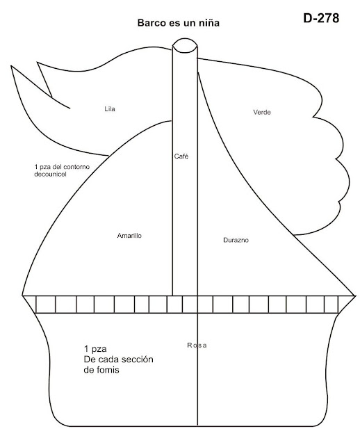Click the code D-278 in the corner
pyautogui.click(x=321, y=18)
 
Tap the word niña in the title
pyautogui.click(x=210, y=23)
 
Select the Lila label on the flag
pyautogui.click(x=110, y=109)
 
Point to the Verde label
pyautogui.click(x=262, y=112)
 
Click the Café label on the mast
pyautogui.click(x=181, y=156)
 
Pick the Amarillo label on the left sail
pyautogui.click(x=129, y=236)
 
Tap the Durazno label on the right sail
pyautogui.click(x=236, y=240)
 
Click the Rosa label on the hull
pyautogui.click(x=197, y=345)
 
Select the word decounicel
pyautogui.click(x=50, y=175)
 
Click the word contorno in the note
pyautogui.click(x=77, y=167)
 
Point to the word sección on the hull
pyautogui.click(x=139, y=359)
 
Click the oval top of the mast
pyautogui.click(x=185, y=45)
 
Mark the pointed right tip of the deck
pyautogui.click(x=355, y=296)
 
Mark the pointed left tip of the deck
pyautogui.click(x=22, y=296)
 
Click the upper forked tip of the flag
pyautogui.click(x=38, y=63)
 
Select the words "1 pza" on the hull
pyautogui.click(x=95, y=349)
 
